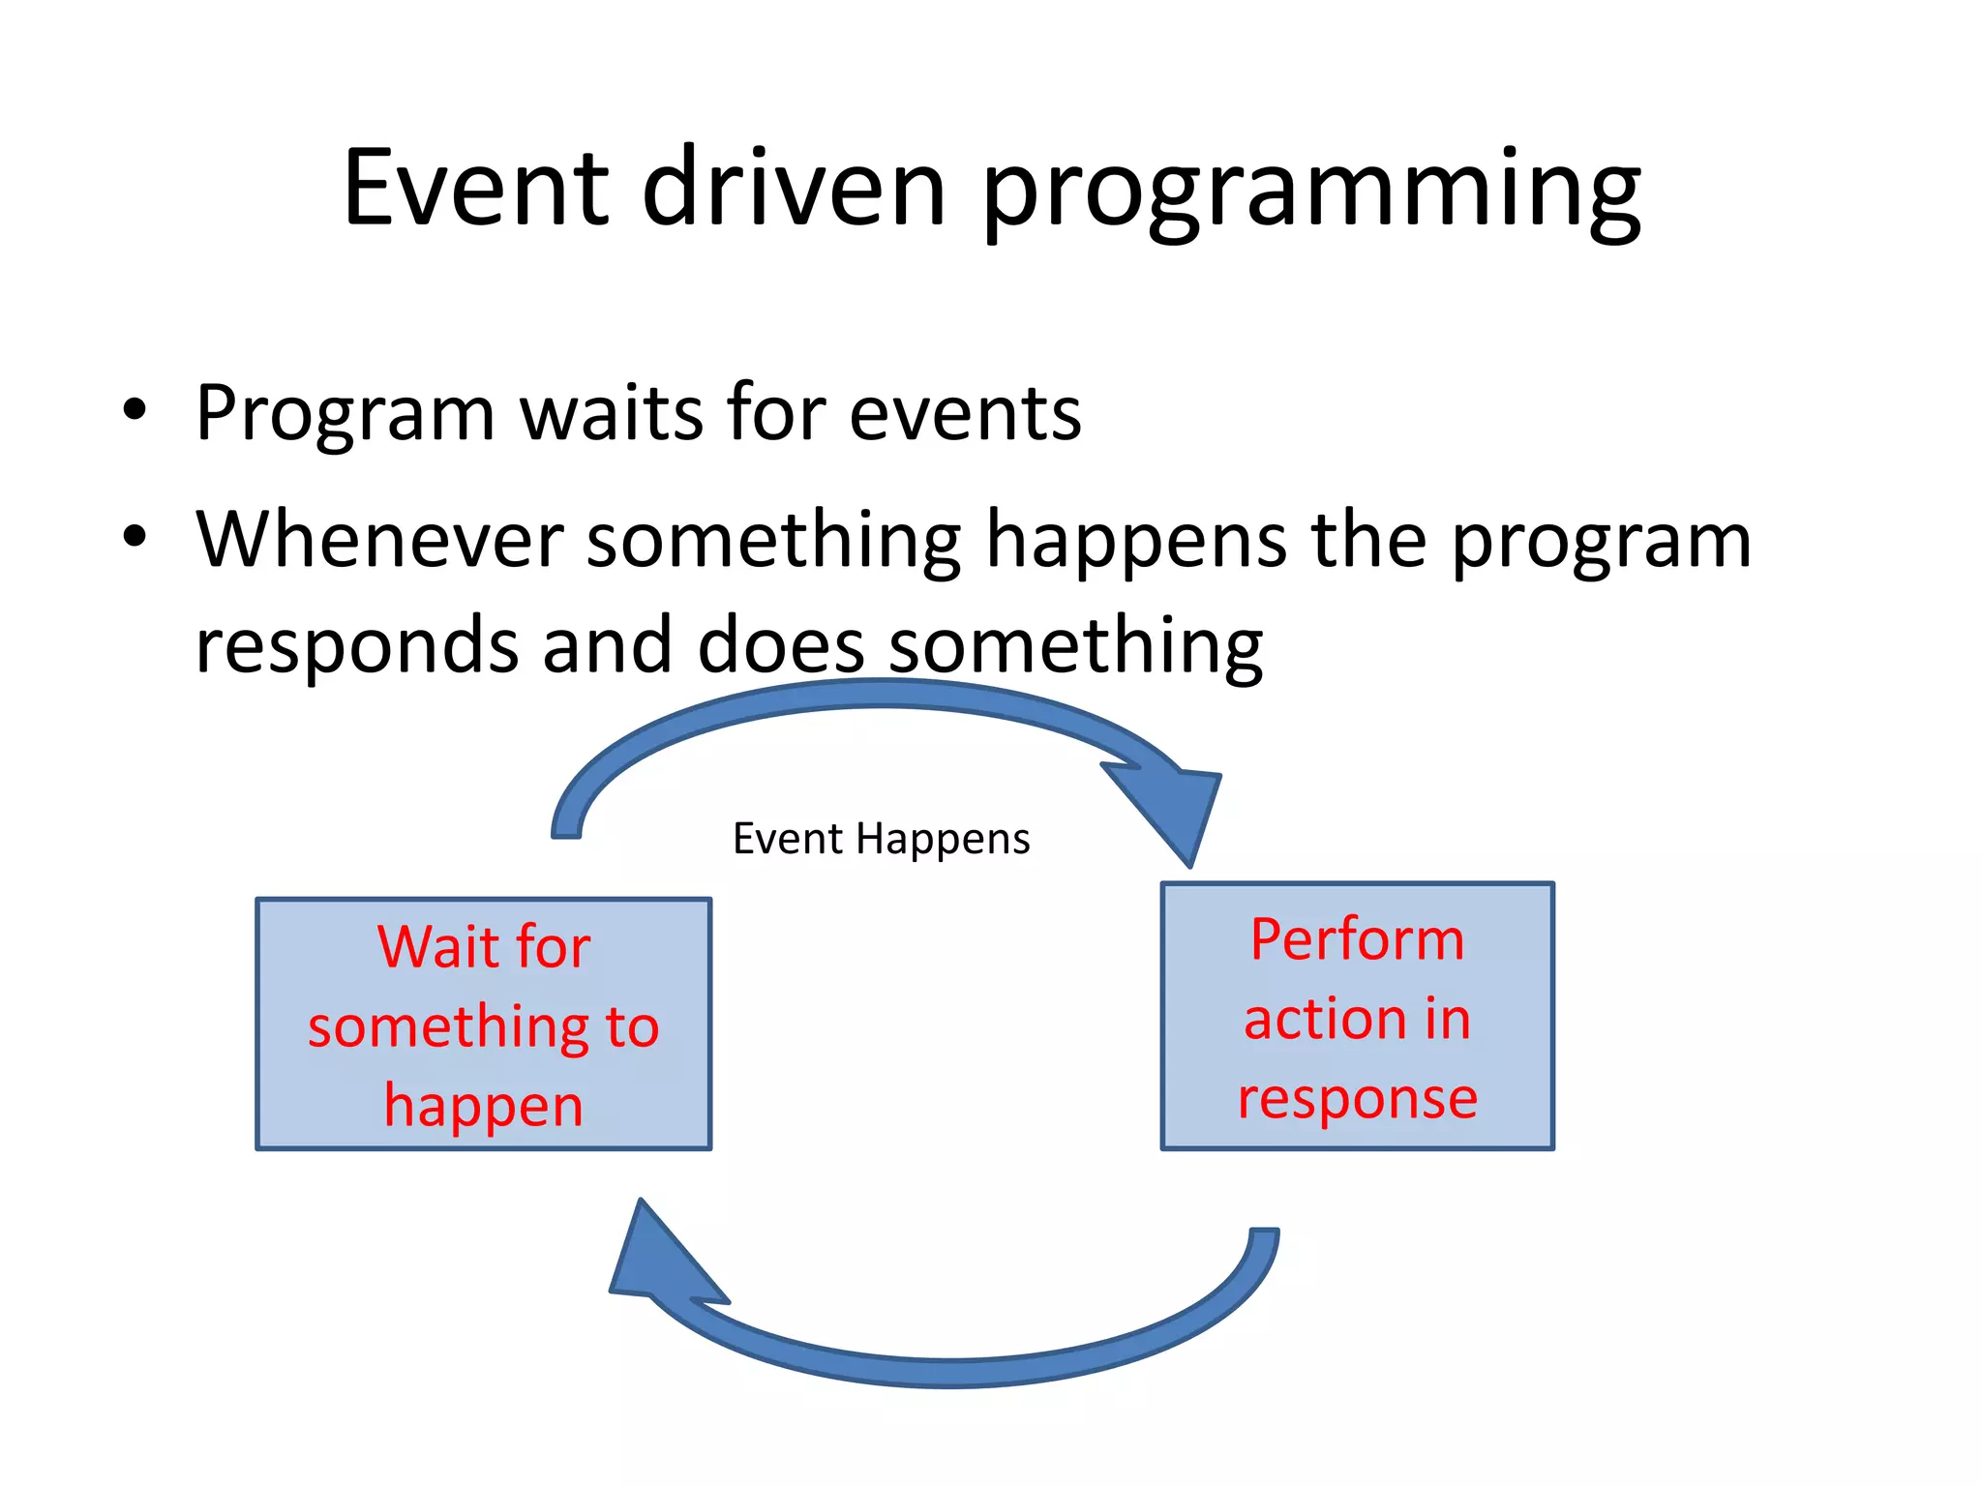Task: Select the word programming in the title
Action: point(1311,193)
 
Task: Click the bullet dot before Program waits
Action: point(135,410)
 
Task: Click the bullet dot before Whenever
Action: point(135,536)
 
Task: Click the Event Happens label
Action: point(881,839)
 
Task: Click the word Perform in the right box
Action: point(1357,939)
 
